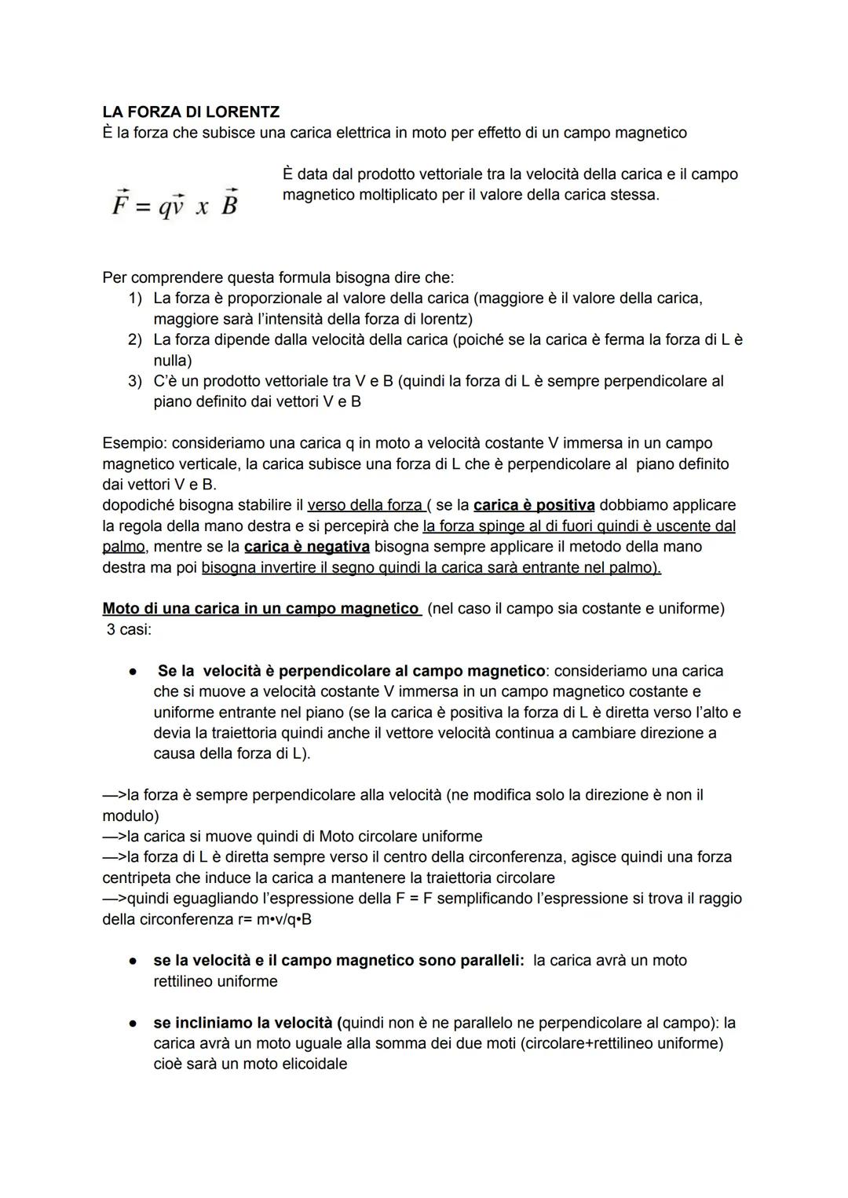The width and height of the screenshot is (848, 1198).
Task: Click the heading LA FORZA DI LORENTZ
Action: (191, 112)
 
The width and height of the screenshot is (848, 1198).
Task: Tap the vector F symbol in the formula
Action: (120, 203)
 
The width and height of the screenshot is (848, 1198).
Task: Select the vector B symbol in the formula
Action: (229, 203)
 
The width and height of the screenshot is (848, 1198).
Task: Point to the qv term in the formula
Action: (172, 206)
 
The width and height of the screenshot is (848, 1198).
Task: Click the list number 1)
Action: (135, 299)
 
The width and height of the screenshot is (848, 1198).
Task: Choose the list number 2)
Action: (135, 340)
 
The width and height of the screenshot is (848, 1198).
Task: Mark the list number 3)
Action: (135, 382)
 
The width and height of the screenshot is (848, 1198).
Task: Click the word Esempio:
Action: (133, 444)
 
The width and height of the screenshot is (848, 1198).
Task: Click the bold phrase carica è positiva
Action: (534, 505)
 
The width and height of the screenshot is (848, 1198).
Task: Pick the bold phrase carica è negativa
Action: (306, 547)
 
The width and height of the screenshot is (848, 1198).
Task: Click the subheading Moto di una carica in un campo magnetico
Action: (261, 609)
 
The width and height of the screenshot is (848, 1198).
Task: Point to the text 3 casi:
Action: (130, 630)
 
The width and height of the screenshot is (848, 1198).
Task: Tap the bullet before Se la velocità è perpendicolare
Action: (134, 672)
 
